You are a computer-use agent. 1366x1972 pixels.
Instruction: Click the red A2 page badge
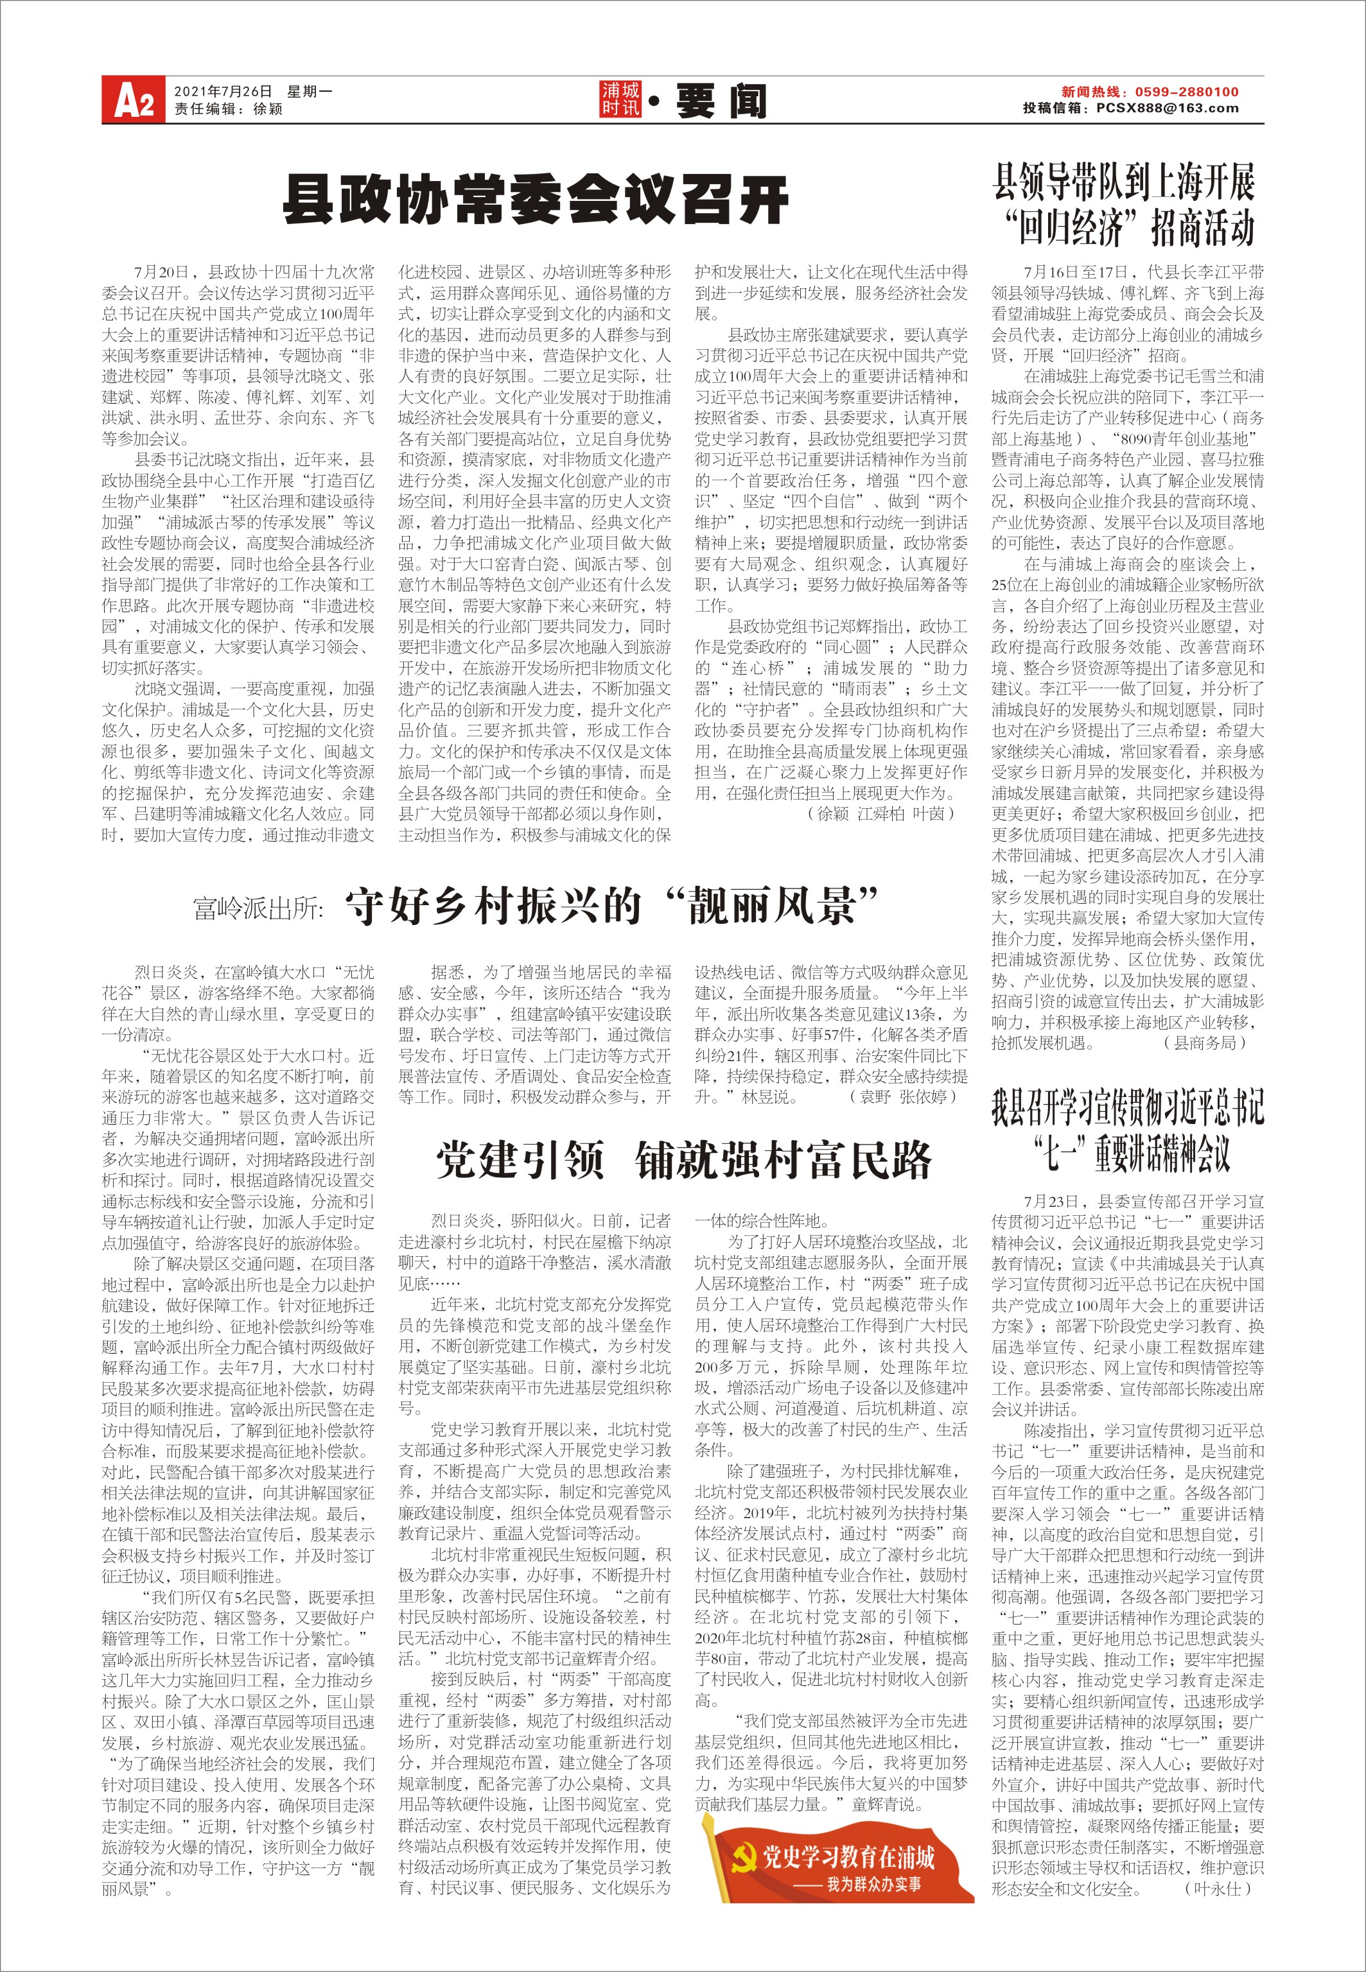pyautogui.click(x=133, y=99)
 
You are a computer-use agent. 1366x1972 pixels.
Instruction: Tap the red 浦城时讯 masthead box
pyautogui.click(x=620, y=100)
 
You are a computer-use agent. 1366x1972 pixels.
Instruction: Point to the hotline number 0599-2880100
pyautogui.click(x=1186, y=92)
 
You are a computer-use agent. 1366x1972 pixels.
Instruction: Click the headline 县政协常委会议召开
pyautogui.click(x=536, y=200)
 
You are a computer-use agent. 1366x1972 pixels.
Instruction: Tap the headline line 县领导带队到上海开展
pyautogui.click(x=1124, y=182)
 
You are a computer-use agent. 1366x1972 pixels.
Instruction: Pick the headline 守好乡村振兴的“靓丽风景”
pyautogui.click(x=612, y=905)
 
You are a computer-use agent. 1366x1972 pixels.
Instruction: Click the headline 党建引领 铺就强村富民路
pyautogui.click(x=683, y=1160)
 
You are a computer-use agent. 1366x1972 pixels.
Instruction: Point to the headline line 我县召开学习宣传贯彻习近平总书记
pyautogui.click(x=1127, y=1106)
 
